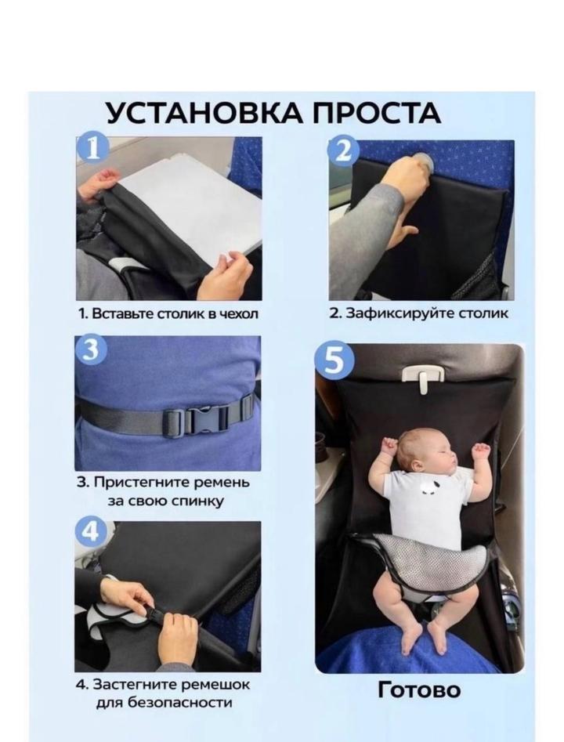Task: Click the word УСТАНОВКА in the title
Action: pos(204,113)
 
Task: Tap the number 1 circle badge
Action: pos(93,148)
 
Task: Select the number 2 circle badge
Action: pos(344,151)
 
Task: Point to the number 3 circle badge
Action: pos(92,349)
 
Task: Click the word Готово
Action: pos(419,690)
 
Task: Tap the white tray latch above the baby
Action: pos(423,378)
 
